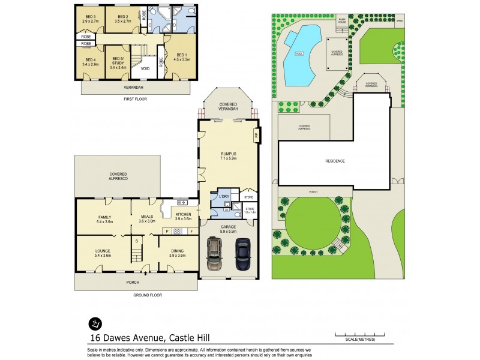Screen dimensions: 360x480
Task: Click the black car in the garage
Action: point(242,255)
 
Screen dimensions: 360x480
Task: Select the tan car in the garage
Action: point(215,255)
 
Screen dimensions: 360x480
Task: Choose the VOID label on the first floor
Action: point(145,68)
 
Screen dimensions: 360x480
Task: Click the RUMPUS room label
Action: point(228,156)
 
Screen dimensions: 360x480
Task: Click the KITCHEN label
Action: point(184,216)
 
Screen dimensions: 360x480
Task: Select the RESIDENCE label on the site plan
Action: point(335,161)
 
